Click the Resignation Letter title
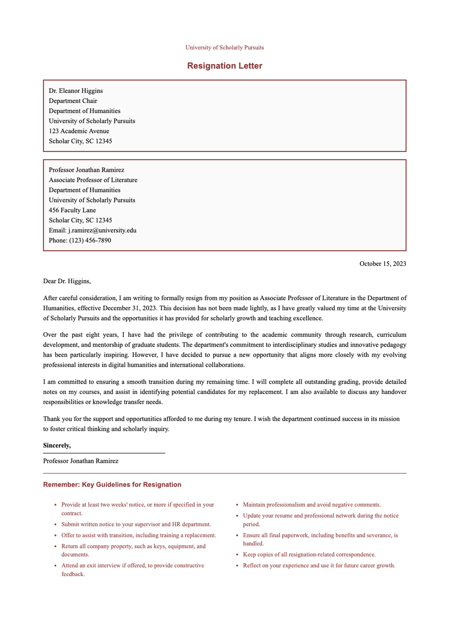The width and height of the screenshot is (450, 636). (x=225, y=66)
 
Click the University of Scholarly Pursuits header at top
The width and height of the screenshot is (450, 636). (x=225, y=48)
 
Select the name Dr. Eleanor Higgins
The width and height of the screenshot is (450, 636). (x=76, y=91)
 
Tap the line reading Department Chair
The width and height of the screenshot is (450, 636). (x=73, y=101)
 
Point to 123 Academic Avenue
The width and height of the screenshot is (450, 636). (x=79, y=131)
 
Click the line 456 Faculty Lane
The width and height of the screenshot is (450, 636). (x=72, y=210)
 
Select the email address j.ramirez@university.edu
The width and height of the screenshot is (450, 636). (x=102, y=230)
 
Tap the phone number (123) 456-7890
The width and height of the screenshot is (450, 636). (x=90, y=240)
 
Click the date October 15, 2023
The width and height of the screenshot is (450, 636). (x=382, y=264)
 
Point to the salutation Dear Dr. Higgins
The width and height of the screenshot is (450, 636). (x=67, y=281)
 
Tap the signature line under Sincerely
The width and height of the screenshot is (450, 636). (x=104, y=453)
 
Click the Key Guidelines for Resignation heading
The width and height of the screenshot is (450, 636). (x=112, y=485)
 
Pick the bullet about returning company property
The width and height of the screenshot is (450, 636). (x=133, y=550)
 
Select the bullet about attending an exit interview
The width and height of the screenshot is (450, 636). (x=132, y=570)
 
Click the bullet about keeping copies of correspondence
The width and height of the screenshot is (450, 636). (x=309, y=554)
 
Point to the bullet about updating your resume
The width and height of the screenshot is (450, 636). (x=320, y=520)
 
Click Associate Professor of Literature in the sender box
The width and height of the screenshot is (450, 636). (x=93, y=180)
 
